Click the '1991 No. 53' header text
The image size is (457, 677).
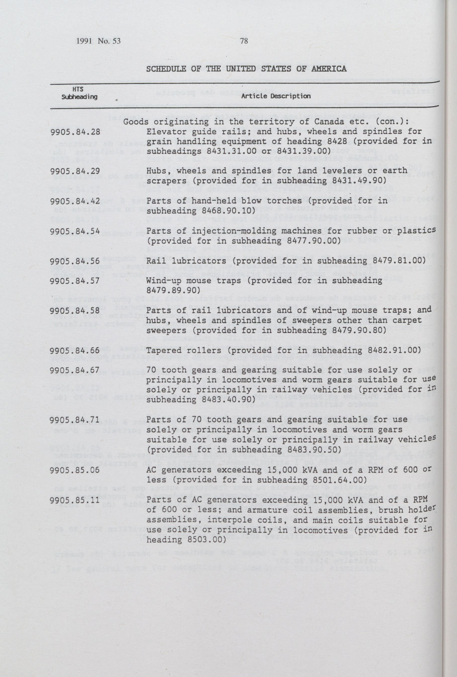tap(98, 41)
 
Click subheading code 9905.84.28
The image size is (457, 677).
tap(75, 132)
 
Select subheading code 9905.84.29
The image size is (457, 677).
tap(75, 171)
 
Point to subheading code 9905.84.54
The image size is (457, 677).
tap(75, 231)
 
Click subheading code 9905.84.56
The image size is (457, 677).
tap(75, 261)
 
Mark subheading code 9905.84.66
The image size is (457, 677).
tap(75, 350)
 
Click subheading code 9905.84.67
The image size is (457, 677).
tap(75, 371)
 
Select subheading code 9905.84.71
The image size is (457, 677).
tap(75, 420)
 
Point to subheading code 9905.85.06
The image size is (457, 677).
tap(75, 470)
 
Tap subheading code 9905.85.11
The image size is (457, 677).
tap(75, 500)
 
